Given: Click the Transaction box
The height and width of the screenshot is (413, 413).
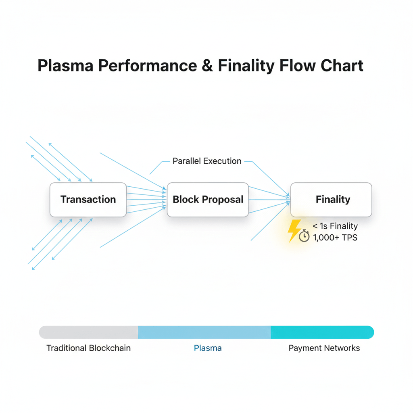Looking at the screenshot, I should click(x=88, y=200).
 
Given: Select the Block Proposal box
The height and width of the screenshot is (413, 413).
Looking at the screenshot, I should click(x=208, y=200).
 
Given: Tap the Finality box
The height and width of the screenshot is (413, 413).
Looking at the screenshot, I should click(x=331, y=200).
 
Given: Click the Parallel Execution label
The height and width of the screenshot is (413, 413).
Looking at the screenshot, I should click(x=207, y=161).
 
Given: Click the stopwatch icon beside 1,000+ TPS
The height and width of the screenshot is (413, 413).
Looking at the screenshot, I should click(x=304, y=236).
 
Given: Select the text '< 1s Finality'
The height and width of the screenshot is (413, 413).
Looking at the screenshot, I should click(x=335, y=226).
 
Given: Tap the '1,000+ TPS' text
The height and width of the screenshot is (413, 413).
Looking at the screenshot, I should click(x=335, y=238).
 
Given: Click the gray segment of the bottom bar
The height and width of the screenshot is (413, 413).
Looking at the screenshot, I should click(x=89, y=332).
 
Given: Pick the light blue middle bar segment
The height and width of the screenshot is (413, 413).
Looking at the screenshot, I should click(x=204, y=332).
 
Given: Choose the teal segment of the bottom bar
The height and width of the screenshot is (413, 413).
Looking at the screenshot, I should click(x=322, y=332).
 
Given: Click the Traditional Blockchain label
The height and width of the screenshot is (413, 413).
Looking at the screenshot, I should click(x=89, y=348).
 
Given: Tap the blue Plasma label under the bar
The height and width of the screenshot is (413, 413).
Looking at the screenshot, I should click(x=208, y=348).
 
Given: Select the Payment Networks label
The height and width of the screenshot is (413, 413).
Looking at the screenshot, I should click(x=324, y=348).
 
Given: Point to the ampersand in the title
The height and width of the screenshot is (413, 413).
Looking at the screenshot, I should click(x=207, y=66).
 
